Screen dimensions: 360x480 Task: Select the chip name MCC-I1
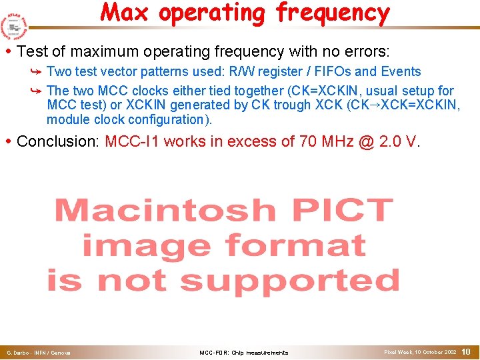133,141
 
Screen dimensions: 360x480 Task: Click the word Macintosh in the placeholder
164,211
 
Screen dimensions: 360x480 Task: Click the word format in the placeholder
294,245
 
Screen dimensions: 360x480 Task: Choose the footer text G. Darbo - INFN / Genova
39,352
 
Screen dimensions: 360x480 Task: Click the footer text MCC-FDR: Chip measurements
243,352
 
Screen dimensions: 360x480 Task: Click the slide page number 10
466,351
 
